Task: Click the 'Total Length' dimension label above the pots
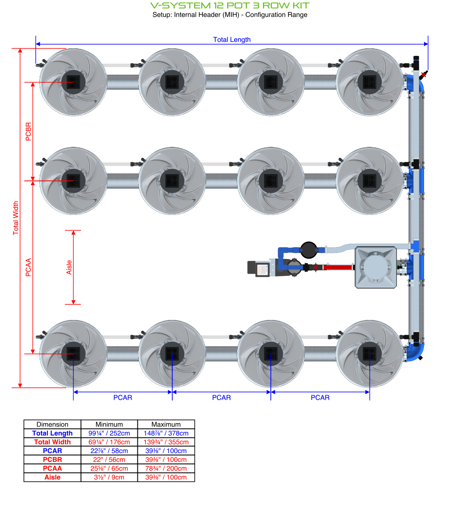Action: tap(232, 40)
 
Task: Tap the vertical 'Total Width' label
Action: tap(16, 218)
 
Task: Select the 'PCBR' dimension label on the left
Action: tap(28, 132)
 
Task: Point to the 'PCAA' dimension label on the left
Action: tap(28, 267)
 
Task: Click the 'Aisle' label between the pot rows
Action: tap(69, 267)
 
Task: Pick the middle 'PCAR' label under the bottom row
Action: tap(221, 398)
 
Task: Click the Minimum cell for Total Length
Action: tap(109, 433)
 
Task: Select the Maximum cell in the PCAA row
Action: tap(166, 468)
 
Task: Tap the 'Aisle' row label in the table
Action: tap(52, 477)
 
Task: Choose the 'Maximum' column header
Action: tap(166, 424)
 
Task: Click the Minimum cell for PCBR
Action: tap(109, 459)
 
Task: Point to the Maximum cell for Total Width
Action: tap(166, 442)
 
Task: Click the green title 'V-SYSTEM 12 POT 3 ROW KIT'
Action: tap(230, 5)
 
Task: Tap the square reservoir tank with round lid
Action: tap(376, 267)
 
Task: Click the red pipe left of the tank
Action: tap(338, 267)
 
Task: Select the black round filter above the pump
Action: tap(309, 250)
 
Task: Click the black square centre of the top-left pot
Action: tap(73, 82)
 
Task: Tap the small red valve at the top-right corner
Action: tap(423, 75)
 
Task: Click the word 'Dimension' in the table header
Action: tap(52, 424)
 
